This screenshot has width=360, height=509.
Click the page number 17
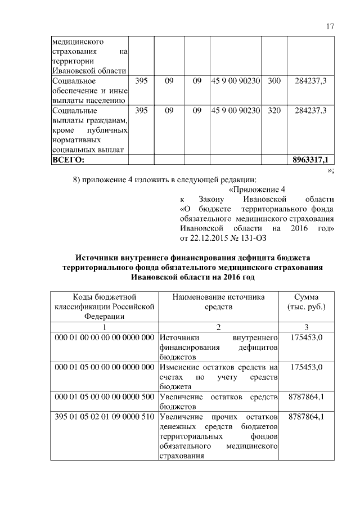pyautogui.click(x=330, y=26)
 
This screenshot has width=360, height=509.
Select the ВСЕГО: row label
pyautogui.click(x=67, y=160)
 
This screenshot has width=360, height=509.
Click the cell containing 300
pyautogui.click(x=274, y=81)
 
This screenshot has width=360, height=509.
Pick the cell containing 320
pyautogui.click(x=274, y=111)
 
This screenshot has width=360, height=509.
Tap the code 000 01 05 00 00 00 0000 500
pyautogui.click(x=104, y=398)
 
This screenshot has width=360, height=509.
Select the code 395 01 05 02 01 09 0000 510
pyautogui.click(x=104, y=418)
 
